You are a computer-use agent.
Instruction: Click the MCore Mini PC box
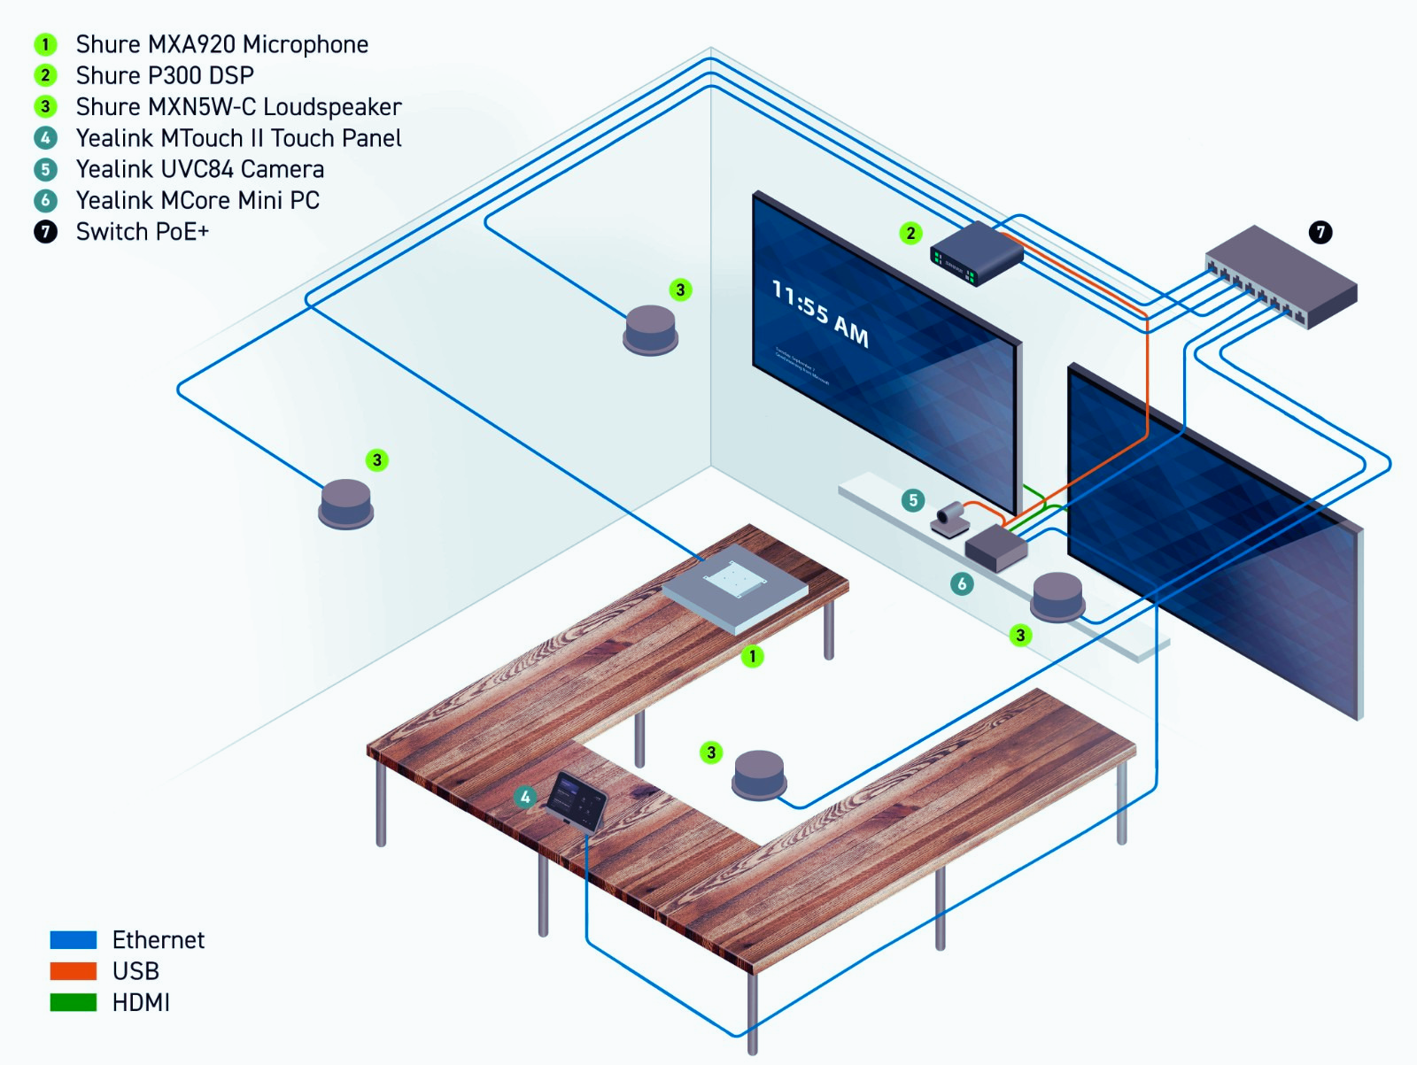click(996, 549)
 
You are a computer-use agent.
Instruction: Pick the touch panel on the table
click(576, 799)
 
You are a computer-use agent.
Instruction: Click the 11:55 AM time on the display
click(819, 314)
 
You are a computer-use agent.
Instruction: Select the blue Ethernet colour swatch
click(74, 940)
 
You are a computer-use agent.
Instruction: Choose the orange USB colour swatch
click(74, 971)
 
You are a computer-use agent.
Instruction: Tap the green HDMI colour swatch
click(74, 1002)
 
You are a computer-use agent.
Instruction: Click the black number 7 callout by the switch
click(1320, 232)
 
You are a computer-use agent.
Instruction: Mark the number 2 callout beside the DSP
click(910, 233)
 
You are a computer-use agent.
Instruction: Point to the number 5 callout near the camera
click(913, 500)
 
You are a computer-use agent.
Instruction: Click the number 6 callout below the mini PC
click(962, 583)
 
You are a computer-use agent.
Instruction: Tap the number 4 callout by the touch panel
click(525, 797)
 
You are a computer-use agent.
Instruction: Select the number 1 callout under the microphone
click(752, 656)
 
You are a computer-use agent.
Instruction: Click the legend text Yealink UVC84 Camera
click(199, 169)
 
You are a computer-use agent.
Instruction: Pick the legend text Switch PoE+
click(142, 232)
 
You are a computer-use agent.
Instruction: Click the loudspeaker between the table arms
click(759, 775)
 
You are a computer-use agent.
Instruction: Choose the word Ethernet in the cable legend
click(158, 940)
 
